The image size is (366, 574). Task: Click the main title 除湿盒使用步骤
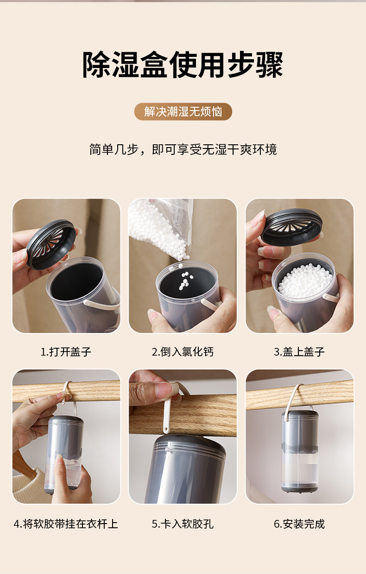[183, 64]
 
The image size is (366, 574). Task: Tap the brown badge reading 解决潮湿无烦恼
[183, 111]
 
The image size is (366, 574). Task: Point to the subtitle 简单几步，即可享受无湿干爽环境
[183, 149]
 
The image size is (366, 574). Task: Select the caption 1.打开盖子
[66, 352]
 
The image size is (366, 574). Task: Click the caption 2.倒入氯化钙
[183, 352]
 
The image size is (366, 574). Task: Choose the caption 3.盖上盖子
[299, 352]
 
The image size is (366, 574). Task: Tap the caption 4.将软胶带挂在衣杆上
[66, 524]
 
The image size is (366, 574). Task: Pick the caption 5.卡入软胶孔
[183, 524]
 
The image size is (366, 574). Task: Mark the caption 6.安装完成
[299, 524]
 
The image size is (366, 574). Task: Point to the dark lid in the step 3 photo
[292, 226]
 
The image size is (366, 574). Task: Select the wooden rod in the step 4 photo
[66, 391]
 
